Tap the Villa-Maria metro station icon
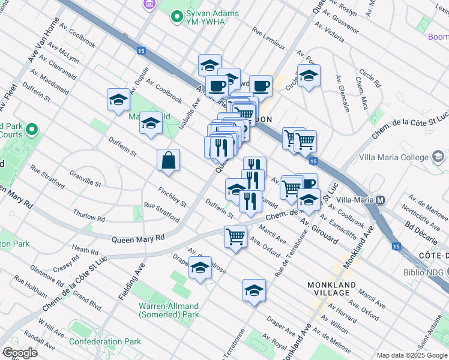click(380, 200)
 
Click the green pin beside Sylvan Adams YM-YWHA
click(176, 17)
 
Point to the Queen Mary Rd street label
click(138, 238)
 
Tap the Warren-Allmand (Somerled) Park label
click(168, 310)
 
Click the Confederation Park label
click(104, 341)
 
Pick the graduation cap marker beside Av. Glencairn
click(309, 76)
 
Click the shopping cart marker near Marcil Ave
click(235, 236)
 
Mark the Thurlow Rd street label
click(89, 214)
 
